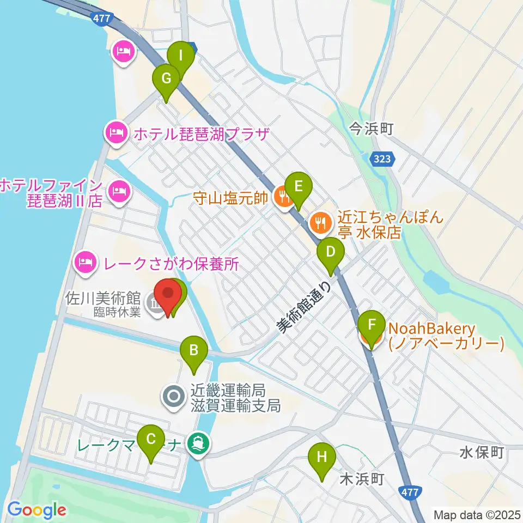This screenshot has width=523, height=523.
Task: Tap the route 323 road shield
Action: pos(382,159)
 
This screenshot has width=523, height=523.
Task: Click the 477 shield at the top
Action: pos(102,19)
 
